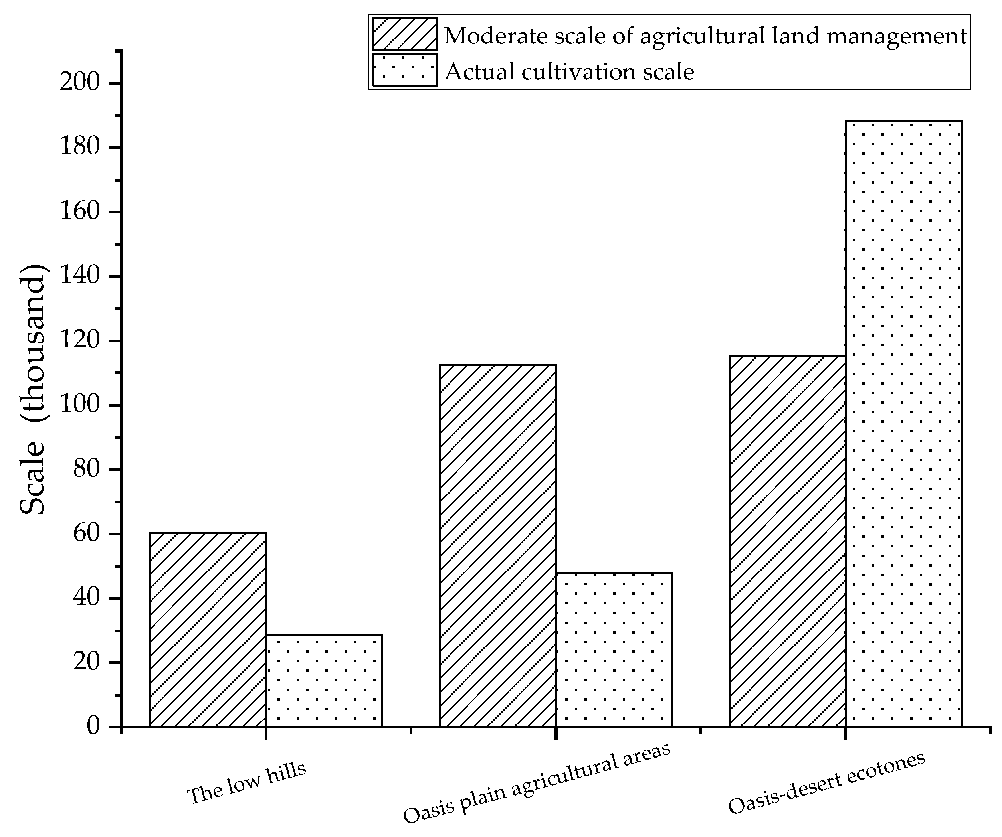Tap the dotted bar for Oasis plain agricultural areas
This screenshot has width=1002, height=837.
pyautogui.click(x=614, y=649)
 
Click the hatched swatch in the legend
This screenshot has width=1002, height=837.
pyautogui.click(x=405, y=34)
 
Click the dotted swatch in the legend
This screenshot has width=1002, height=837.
pyautogui.click(x=405, y=70)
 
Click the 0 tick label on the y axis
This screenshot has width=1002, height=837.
pyautogui.click(x=93, y=726)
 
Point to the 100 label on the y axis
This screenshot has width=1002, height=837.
pyautogui.click(x=80, y=405)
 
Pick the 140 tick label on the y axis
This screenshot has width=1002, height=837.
pyautogui.click(x=80, y=276)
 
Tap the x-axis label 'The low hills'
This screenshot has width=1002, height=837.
pyautogui.click(x=246, y=783)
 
